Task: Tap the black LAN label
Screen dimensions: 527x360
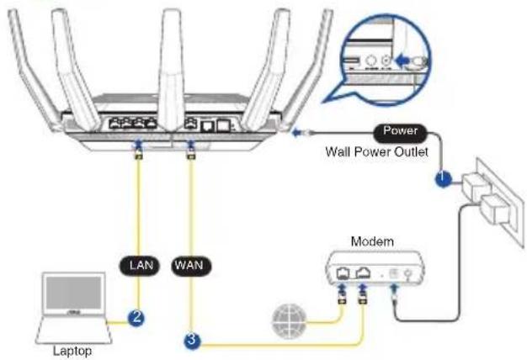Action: [140, 266]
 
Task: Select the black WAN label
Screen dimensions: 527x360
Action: [191, 266]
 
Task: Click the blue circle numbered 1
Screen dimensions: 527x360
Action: [444, 177]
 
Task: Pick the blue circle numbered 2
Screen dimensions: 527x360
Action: [136, 318]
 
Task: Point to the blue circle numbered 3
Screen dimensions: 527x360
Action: [192, 340]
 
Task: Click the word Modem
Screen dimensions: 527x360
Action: [372, 241]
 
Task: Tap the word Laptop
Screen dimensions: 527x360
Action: [72, 352]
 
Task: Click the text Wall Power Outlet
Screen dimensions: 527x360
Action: [376, 151]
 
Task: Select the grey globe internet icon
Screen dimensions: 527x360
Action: [289, 320]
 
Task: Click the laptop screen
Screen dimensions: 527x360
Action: [73, 293]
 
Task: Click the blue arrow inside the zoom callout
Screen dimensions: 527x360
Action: [402, 61]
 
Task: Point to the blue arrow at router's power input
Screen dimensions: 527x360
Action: [296, 133]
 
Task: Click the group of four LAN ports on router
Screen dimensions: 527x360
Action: [133, 124]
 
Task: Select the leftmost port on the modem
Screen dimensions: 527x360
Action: [343, 273]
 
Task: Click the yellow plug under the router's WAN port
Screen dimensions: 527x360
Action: [191, 155]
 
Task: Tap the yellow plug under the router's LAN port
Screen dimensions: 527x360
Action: [138, 155]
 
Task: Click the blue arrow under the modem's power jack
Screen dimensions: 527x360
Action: [395, 289]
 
